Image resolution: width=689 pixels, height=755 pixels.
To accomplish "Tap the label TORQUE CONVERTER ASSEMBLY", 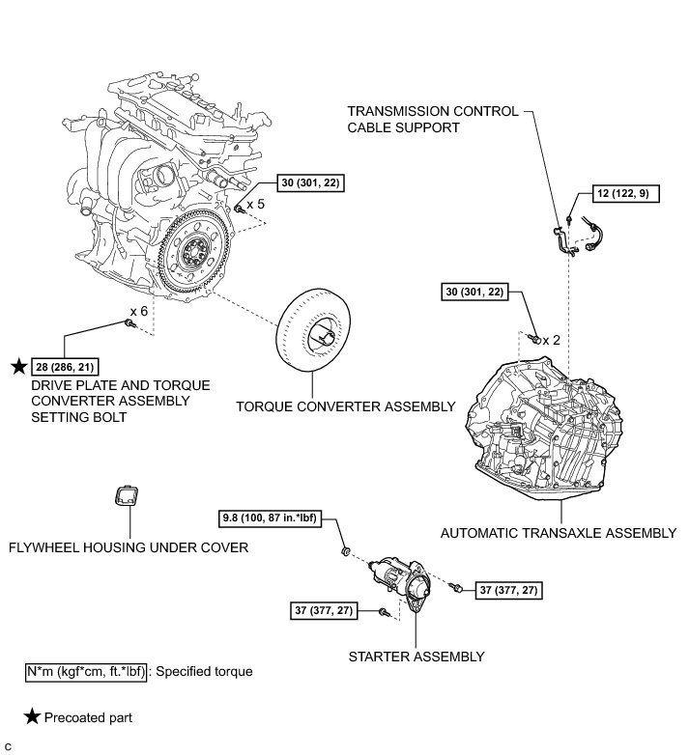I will click(345, 406).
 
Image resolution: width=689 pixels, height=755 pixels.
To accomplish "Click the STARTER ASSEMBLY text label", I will click(416, 657).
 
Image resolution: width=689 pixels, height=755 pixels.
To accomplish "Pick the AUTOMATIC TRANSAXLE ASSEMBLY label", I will click(558, 532).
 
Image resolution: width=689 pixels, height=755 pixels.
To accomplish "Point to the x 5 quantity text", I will click(255, 205).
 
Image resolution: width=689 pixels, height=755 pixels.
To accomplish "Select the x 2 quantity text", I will click(551, 340).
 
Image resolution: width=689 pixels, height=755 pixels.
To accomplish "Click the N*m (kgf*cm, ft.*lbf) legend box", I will click(87, 671).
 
